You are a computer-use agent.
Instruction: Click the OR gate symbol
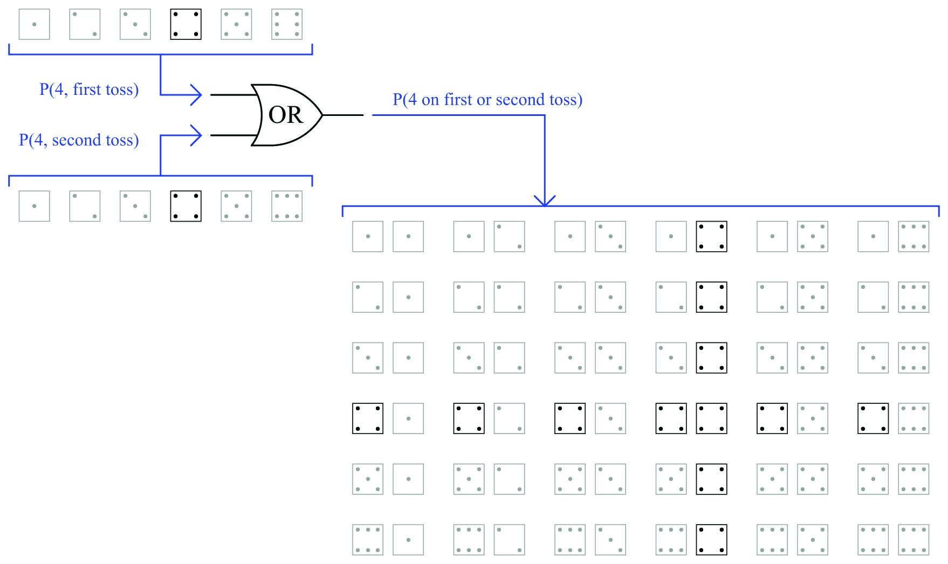pyautogui.click(x=286, y=115)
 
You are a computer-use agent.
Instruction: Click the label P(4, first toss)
pyautogui.click(x=89, y=90)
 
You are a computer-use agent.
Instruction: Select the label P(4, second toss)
pyautogui.click(x=79, y=140)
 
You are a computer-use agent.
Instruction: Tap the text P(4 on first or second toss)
pyautogui.click(x=487, y=100)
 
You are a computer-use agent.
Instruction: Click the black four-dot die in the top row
pyautogui.click(x=186, y=24)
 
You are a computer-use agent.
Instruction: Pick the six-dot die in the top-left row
pyautogui.click(x=287, y=24)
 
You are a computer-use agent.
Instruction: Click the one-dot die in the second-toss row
pyautogui.click(x=34, y=206)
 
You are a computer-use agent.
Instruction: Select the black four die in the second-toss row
pyautogui.click(x=186, y=206)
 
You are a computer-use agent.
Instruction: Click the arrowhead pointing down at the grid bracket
pyautogui.click(x=545, y=201)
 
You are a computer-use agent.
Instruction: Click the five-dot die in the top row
pyautogui.click(x=236, y=24)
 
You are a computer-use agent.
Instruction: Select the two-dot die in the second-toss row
pyautogui.click(x=85, y=206)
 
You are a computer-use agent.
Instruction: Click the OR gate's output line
pyautogui.click(x=343, y=115)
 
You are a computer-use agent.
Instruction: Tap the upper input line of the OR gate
pyautogui.click(x=232, y=95)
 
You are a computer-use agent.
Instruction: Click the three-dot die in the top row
pyautogui.click(x=135, y=24)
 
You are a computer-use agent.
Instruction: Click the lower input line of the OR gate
pyautogui.click(x=232, y=135)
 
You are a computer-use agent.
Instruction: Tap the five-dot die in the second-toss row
pyautogui.click(x=236, y=206)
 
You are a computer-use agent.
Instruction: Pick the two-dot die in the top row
pyautogui.click(x=85, y=24)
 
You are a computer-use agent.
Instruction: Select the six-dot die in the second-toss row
pyautogui.click(x=287, y=206)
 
